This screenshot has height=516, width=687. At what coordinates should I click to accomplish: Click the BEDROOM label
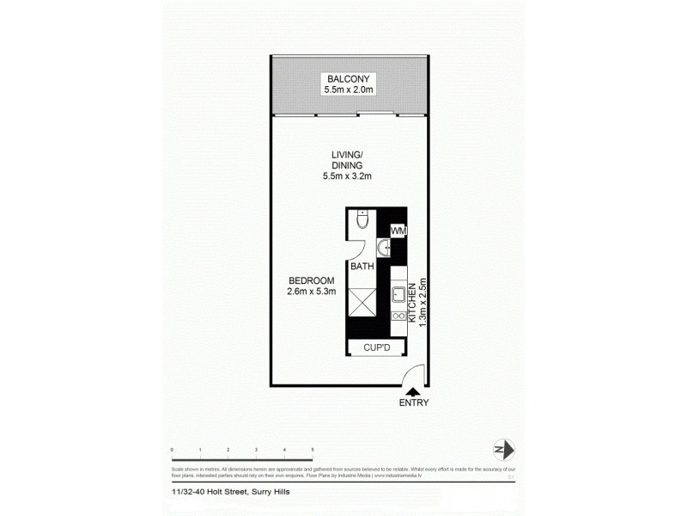[311, 280]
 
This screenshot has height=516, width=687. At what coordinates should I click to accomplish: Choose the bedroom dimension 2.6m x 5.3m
[311, 292]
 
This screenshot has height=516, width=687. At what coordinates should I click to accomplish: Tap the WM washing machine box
[398, 231]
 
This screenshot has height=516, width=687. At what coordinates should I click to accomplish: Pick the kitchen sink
[398, 295]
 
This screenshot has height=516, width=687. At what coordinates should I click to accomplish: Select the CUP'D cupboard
[375, 347]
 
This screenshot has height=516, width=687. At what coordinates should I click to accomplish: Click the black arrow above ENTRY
[413, 392]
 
